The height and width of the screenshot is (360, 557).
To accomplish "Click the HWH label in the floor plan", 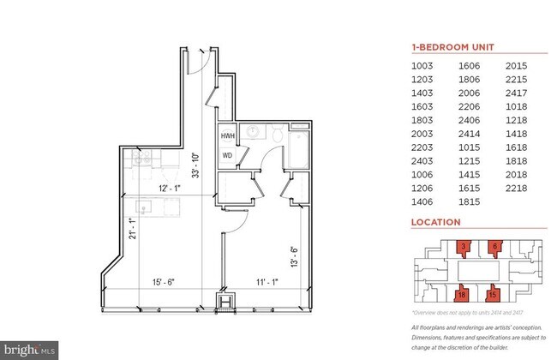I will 227,137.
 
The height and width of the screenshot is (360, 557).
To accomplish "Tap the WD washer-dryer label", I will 227,155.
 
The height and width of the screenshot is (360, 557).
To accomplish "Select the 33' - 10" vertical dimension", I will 197,163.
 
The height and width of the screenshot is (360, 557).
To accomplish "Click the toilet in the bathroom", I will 277,134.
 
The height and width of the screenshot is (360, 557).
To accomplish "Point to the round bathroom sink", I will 253,133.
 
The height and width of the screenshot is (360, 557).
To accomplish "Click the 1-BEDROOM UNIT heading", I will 452,47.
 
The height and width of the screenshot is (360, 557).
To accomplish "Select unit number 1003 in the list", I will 424,65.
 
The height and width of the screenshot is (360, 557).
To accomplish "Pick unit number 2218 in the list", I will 517,186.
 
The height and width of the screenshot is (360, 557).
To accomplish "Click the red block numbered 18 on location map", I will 464,294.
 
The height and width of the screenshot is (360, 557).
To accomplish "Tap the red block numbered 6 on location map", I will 496,248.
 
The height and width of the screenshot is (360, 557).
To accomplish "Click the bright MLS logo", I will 30,349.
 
